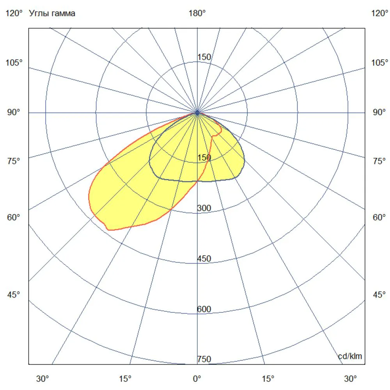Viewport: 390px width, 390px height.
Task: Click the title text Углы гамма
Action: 52,13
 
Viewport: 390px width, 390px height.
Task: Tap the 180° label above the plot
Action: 197,13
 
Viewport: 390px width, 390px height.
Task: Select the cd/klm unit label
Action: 350,356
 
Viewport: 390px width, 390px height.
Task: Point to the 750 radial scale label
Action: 204,359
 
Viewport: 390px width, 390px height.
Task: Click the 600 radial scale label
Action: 204,309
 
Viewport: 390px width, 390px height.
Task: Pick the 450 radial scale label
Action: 204,259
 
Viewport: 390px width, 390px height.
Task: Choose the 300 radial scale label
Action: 204,208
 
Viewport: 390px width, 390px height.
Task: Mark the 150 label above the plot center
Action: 204,57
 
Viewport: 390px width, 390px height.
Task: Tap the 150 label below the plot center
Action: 204,158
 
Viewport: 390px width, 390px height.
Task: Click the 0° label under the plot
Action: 197,379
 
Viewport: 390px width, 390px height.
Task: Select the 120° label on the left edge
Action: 14,13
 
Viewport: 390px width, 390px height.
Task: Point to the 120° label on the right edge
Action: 379,13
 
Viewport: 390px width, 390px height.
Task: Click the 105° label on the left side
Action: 14,63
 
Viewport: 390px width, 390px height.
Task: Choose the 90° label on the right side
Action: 379,112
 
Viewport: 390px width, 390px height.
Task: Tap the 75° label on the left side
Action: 13,161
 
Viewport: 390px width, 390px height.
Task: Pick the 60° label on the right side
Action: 379,217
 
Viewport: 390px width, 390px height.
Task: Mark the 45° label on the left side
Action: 13,295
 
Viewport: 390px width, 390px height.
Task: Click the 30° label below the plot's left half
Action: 43,379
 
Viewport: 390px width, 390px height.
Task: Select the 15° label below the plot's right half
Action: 268,379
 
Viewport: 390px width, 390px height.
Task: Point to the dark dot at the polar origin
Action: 197,113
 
